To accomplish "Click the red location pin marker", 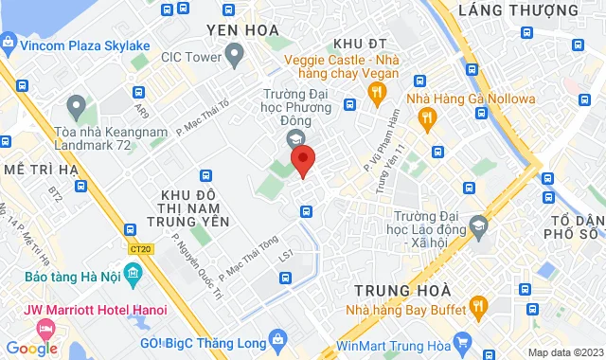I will pos(303,161).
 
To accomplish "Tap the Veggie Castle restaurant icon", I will pos(377,92).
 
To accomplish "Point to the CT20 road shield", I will pos(141,249).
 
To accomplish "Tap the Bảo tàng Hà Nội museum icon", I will pos(132,276).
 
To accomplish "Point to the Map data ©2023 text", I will pos(563,352).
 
